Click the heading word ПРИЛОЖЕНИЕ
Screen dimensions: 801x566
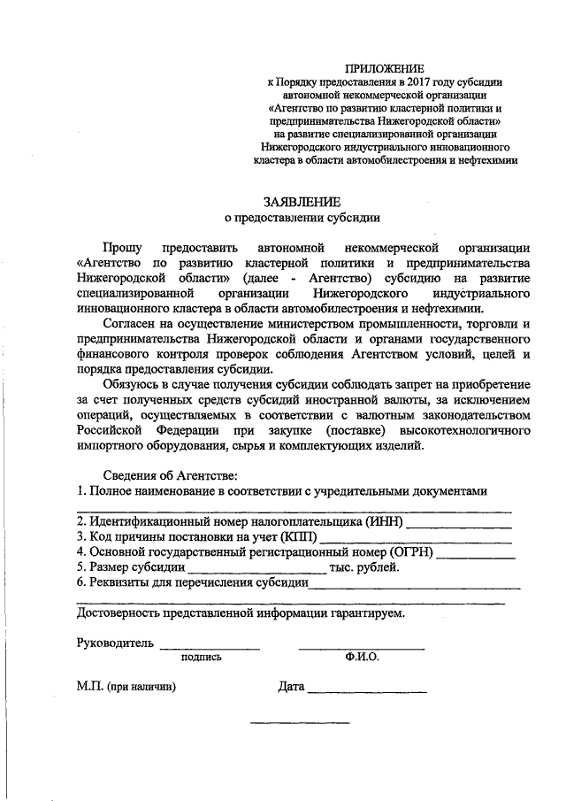tap(385, 68)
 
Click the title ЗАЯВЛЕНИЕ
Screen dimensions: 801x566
tap(302, 202)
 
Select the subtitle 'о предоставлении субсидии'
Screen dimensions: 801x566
tap(302, 218)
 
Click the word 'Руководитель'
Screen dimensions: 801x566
tap(116, 643)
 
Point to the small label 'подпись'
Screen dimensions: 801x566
tap(201, 658)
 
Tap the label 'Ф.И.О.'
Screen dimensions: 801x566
tap(363, 658)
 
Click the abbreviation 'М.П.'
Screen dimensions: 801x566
tap(89, 687)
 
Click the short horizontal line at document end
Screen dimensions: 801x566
tap(300, 723)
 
